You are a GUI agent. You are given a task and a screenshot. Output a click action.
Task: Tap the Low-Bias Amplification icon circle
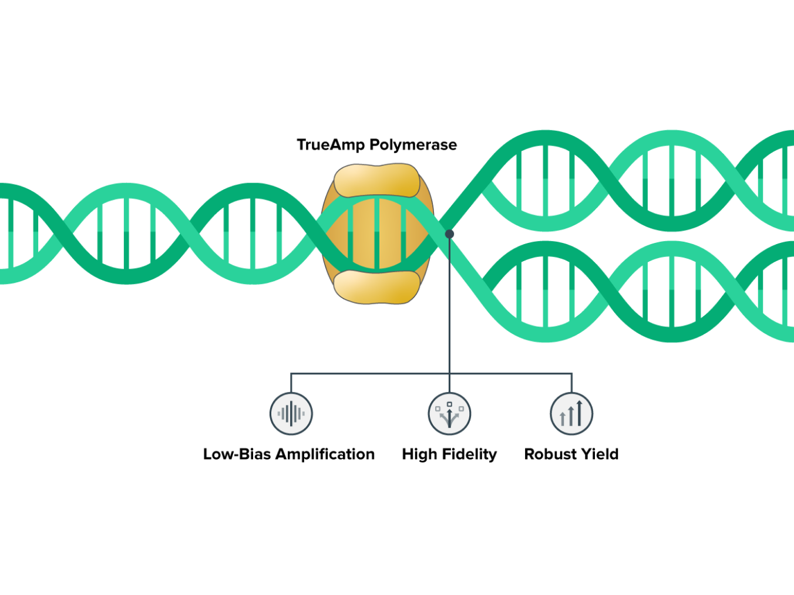[291, 414]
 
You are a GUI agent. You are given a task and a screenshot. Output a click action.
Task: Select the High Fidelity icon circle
[449, 414]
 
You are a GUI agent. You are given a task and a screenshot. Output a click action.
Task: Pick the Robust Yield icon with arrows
[571, 414]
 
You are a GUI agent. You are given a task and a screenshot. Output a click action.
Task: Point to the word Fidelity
[469, 454]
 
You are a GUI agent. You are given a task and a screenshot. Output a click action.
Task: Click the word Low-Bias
[237, 454]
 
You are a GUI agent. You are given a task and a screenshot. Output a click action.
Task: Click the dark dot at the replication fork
[449, 234]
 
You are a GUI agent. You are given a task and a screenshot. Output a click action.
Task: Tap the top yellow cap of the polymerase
[377, 181]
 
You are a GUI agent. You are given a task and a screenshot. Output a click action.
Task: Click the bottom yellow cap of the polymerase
[377, 287]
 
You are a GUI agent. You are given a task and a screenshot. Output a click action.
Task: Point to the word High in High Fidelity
[419, 454]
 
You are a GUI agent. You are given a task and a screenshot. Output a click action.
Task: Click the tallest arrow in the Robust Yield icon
[580, 413]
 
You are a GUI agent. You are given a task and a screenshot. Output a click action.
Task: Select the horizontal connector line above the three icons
[370, 373]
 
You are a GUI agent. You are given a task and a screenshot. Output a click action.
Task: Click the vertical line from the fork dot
[449, 305]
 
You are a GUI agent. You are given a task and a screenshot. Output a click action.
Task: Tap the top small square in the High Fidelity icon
[449, 404]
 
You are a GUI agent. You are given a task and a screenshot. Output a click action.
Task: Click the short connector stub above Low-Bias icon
[291, 383]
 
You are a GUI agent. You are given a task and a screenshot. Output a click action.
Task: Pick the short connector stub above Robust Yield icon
[571, 383]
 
